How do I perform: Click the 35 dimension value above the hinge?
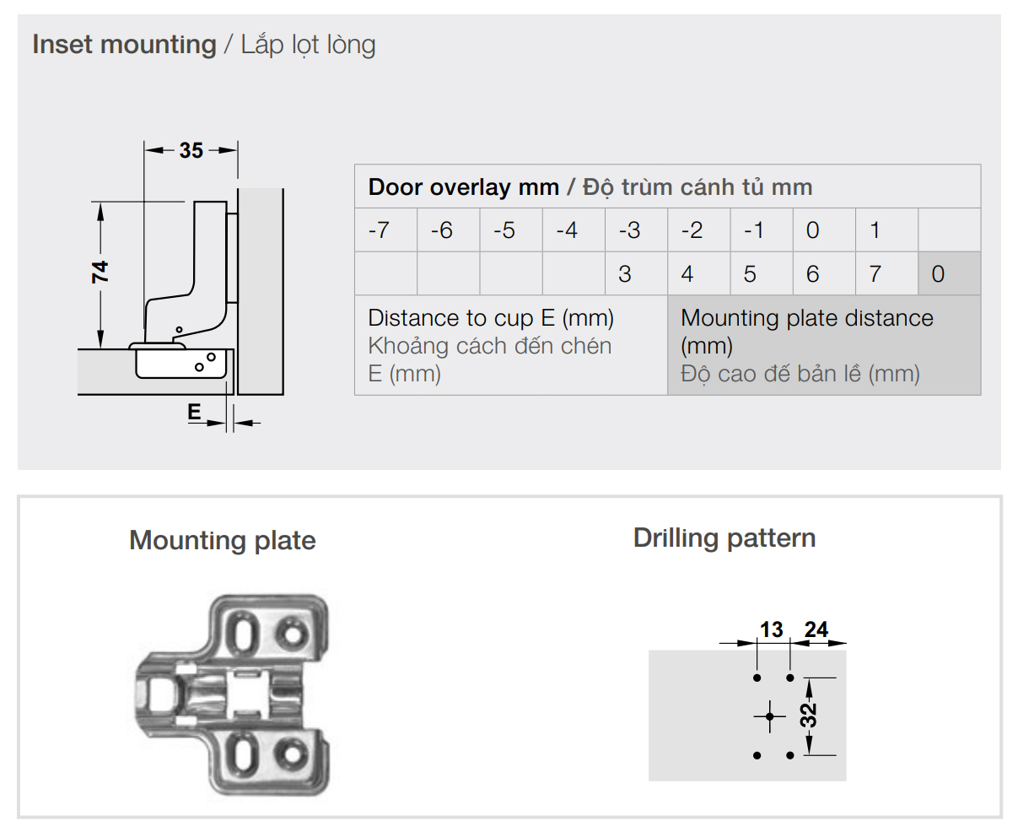click(191, 150)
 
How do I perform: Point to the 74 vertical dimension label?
click(100, 272)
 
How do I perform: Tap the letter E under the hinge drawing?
click(194, 412)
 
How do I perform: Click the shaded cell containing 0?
click(949, 273)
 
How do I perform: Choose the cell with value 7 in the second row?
click(886, 273)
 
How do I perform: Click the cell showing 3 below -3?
click(636, 273)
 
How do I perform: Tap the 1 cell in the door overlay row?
click(886, 229)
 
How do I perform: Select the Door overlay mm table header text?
click(463, 187)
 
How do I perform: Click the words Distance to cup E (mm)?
click(490, 318)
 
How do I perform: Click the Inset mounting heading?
click(124, 45)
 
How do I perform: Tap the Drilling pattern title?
click(724, 538)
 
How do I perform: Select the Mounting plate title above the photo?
click(223, 540)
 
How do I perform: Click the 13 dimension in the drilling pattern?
click(772, 629)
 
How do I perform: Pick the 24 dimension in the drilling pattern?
click(816, 629)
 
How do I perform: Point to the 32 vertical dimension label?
click(809, 715)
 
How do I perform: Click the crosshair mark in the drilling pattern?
click(769, 716)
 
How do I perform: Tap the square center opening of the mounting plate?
click(246, 692)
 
